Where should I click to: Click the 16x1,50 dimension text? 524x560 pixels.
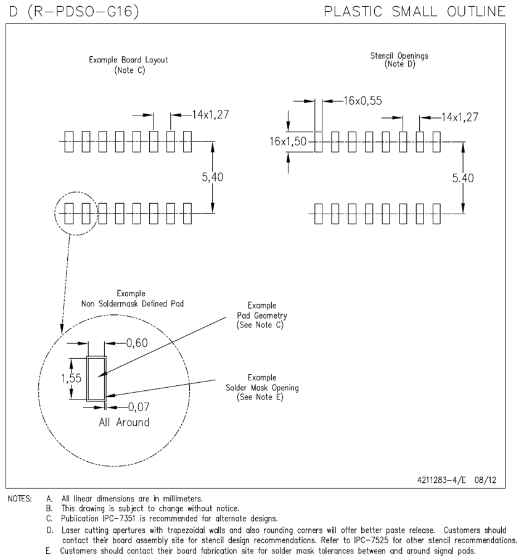288,141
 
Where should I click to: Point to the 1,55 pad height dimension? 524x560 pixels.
72,378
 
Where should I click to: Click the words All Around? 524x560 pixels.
124,422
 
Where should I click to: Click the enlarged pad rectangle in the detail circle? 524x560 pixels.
96,378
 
